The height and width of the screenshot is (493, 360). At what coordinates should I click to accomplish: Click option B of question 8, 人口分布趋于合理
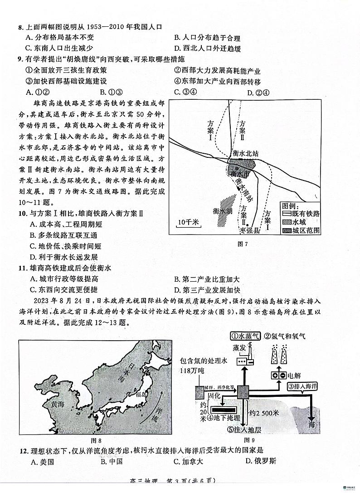pos(207,38)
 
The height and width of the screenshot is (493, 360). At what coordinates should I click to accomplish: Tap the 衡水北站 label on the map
pos(245,153)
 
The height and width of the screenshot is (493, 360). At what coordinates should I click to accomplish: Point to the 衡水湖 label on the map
pos(223,211)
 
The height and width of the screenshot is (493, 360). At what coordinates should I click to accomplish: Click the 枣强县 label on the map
pos(250,231)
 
